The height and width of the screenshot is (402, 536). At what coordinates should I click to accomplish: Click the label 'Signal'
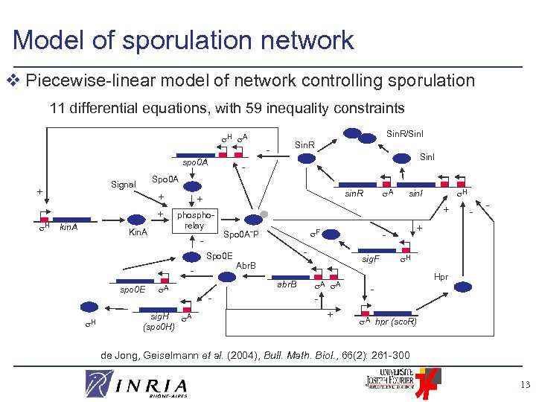(x=123, y=184)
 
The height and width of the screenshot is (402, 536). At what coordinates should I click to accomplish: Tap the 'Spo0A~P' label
(x=240, y=234)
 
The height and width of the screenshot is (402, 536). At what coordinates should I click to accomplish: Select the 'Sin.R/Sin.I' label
(x=403, y=134)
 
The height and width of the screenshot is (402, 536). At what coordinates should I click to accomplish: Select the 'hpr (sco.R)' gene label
(x=396, y=321)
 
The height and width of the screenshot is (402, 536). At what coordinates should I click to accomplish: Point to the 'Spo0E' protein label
(x=220, y=256)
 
